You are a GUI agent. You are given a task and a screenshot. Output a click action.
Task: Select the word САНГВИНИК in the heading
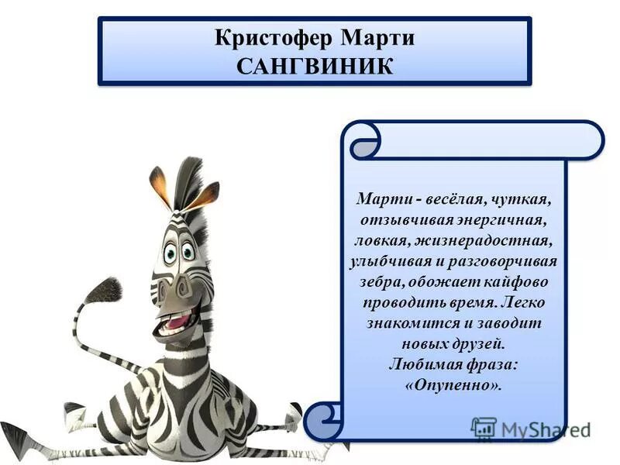pos(315,64)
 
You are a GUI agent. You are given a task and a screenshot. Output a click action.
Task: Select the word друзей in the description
pos(482,343)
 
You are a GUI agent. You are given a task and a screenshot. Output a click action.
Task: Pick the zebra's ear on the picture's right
pos(205,194)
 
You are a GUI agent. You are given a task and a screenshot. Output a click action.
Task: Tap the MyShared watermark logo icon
pos(484,429)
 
